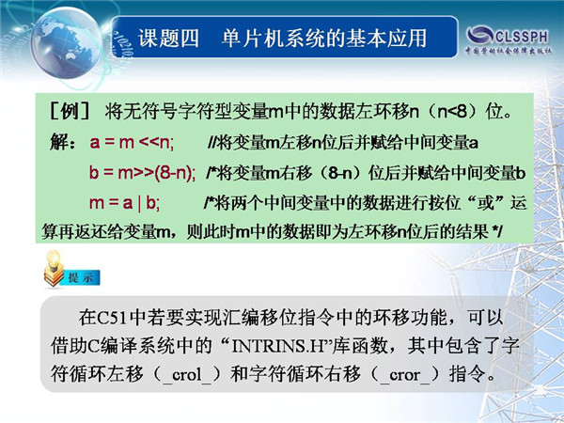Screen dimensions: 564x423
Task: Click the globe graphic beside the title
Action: coord(67,43)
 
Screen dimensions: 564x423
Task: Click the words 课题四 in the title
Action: coord(168,39)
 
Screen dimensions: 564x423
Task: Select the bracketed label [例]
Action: coord(70,112)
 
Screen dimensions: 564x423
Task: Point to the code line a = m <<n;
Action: coord(132,143)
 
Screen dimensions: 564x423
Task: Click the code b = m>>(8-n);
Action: coord(143,173)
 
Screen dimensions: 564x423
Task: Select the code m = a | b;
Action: coord(124,203)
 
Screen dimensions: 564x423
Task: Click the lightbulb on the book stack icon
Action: coord(55,258)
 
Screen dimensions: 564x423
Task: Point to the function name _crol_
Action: coord(187,375)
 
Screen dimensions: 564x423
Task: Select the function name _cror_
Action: coord(404,375)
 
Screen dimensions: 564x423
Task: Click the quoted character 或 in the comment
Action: coord(485,204)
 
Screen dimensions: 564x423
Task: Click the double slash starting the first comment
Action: coord(211,143)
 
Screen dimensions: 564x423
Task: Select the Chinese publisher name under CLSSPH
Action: coord(508,51)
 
